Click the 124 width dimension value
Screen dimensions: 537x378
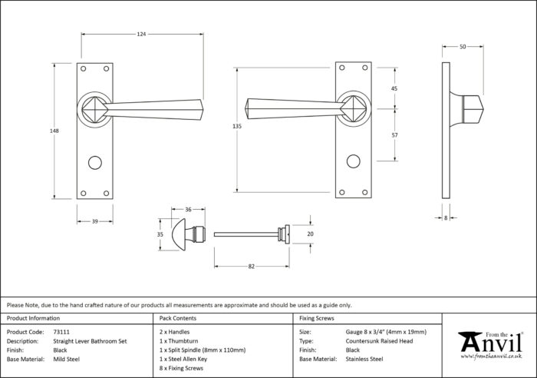[141, 34]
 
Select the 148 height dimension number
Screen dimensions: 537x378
[54, 131]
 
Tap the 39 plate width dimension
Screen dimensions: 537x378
[95, 221]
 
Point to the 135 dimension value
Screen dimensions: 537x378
[237, 126]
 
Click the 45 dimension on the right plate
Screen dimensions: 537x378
[394, 88]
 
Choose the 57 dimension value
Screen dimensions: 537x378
[394, 135]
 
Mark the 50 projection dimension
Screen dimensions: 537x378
[463, 47]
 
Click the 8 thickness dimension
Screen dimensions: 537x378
[446, 218]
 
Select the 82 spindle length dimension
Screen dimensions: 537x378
[252, 267]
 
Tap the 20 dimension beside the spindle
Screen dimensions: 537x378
[310, 234]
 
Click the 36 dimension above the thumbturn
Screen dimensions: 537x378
[188, 210]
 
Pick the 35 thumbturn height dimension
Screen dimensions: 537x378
[160, 234]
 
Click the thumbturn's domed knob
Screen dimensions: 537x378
[179, 234]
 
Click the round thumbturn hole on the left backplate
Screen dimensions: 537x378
[95, 163]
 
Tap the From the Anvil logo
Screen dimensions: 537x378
[491, 345]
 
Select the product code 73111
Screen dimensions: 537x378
[61, 332]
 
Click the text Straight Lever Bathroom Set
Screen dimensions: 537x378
[90, 341]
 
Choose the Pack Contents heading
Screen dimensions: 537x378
[178, 318]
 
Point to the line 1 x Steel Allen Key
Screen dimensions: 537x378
[183, 359]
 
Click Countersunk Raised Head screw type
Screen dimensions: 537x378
[379, 341]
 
